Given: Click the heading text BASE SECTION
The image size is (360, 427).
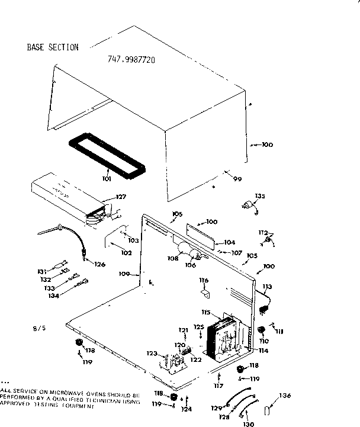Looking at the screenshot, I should (52, 47).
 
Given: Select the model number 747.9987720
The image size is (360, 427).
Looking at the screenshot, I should (131, 60).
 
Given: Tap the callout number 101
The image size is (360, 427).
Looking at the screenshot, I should (107, 178).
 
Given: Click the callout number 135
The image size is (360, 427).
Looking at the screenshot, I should (259, 196).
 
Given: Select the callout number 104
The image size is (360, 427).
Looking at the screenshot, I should (229, 242).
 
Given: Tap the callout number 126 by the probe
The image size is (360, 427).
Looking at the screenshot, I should (99, 264).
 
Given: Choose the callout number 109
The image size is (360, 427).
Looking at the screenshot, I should (124, 274).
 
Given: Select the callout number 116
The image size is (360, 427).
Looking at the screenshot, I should (204, 280).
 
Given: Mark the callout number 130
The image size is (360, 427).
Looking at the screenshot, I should (248, 423).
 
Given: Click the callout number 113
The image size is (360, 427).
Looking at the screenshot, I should (267, 287).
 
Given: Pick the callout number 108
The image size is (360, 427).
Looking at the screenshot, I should (173, 258).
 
